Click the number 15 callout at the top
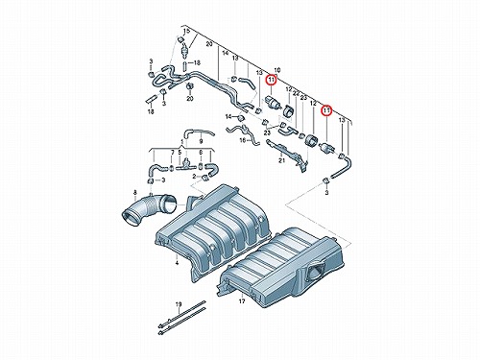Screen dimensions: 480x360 [187, 32]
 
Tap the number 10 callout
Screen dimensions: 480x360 [277, 70]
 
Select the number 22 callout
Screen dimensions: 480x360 [296, 93]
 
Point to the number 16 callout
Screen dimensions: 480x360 [243, 140]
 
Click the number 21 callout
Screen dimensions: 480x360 [281, 160]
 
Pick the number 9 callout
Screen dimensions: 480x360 [201, 141]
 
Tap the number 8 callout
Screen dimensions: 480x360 [172, 153]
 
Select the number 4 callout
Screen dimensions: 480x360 [135, 192]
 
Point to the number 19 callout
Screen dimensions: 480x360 [179, 303]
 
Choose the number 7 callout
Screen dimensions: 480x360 [172, 153]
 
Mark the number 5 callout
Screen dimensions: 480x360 [180, 153]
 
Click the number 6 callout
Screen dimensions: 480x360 [201, 153]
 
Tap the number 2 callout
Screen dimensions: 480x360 [194, 177]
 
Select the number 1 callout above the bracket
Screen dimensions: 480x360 [181, 141]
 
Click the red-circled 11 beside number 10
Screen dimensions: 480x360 [272, 79]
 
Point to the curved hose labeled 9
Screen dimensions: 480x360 [199, 132]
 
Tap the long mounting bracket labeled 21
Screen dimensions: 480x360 [286, 154]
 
